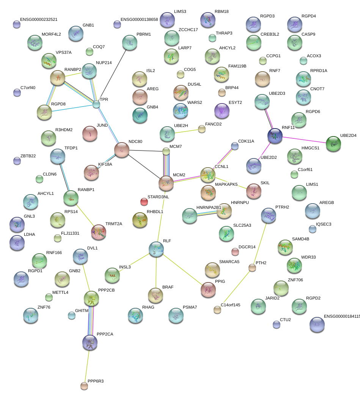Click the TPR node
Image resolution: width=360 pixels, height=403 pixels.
click(97, 104)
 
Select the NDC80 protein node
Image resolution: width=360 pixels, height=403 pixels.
click(122, 150)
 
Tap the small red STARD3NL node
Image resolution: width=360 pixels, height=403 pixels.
click(144, 201)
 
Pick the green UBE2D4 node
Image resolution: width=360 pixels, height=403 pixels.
click(333, 144)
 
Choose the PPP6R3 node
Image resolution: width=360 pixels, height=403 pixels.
click(84, 386)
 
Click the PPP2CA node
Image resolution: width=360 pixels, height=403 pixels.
click(90, 342)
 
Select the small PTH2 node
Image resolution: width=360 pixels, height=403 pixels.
click(252, 268)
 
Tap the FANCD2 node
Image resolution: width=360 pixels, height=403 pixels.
click(202, 129)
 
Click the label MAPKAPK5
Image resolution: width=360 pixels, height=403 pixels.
click(226, 185)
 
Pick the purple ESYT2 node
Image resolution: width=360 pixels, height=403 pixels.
click(222, 111)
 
